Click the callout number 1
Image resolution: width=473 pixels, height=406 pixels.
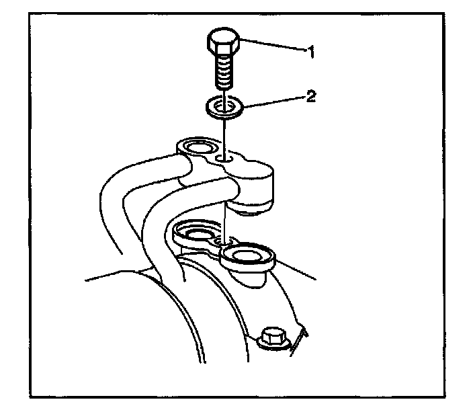click(x=310, y=51)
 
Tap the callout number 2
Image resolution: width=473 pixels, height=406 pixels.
click(x=310, y=95)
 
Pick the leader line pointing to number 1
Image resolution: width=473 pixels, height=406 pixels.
click(x=272, y=47)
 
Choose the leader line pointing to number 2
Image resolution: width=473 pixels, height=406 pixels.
click(x=272, y=101)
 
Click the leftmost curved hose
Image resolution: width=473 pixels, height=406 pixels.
click(x=114, y=202)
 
